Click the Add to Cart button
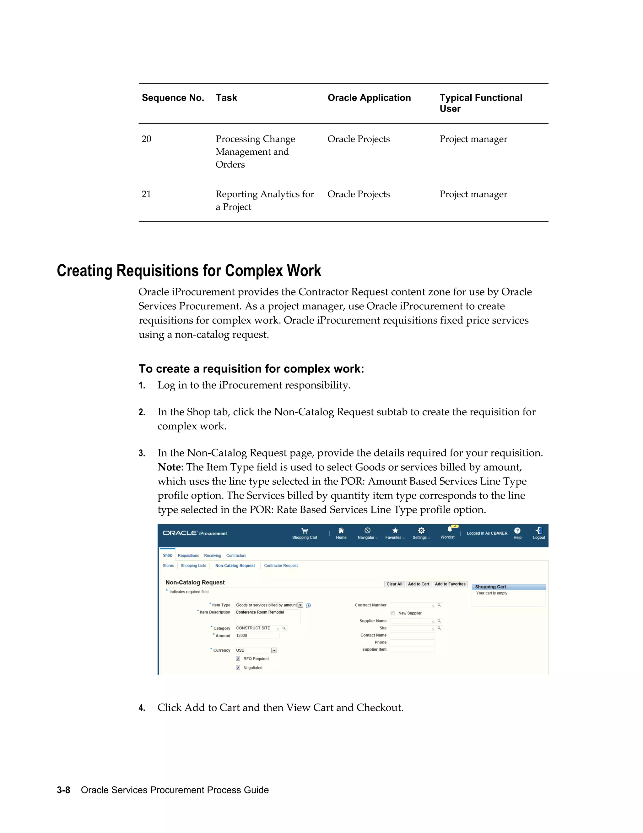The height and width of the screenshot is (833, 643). pos(418,584)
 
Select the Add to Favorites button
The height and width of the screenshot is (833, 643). pos(450,584)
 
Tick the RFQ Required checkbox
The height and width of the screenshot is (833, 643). pos(238,659)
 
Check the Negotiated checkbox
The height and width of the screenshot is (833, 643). pos(238,668)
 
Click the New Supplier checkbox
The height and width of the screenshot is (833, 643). pos(393,613)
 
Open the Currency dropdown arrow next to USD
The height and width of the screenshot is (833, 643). pos(274,650)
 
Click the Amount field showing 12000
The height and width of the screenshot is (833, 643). pos(257,635)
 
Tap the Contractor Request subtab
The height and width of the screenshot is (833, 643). pos(281,565)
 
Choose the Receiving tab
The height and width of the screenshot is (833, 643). pos(212,556)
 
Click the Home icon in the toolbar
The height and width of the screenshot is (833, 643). pos(341,531)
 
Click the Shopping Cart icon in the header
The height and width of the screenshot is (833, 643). pos(304,531)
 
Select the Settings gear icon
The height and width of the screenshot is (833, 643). pos(421,531)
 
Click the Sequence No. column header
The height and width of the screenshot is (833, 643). pos(173,98)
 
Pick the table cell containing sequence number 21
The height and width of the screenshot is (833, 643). pos(146,194)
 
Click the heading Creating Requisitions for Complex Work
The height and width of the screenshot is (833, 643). pos(189,271)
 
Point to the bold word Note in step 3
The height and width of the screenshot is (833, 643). pos(169,467)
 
